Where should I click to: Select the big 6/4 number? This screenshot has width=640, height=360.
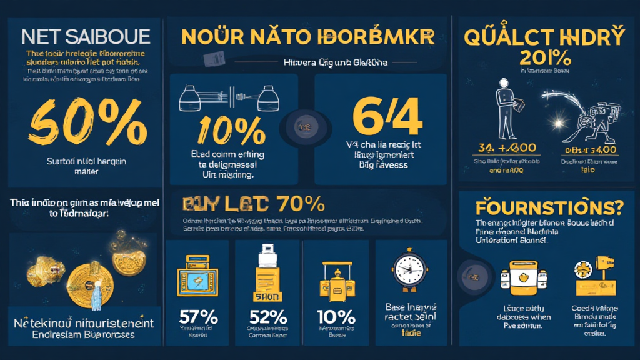(381, 116)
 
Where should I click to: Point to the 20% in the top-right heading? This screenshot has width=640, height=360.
(544, 59)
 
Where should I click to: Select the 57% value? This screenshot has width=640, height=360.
(197, 317)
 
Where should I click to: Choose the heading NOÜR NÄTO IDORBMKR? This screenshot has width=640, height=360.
(306, 36)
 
